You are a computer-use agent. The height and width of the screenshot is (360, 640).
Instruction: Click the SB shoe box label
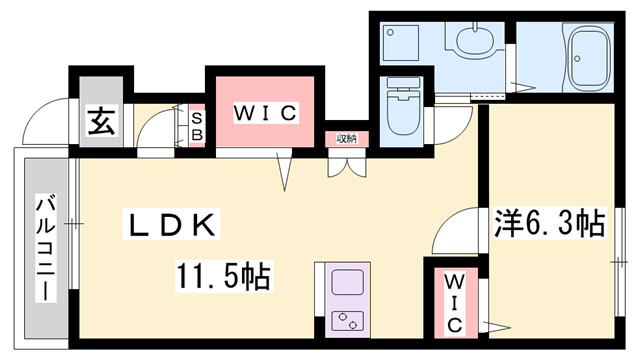[x=197, y=124]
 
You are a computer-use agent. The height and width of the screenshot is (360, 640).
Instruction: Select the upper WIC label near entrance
[x=265, y=112]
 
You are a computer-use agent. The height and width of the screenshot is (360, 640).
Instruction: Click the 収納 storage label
[x=346, y=138]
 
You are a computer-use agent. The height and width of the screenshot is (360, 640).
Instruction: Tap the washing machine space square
[x=405, y=42]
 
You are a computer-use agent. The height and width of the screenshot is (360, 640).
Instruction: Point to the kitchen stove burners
[x=346, y=321]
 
